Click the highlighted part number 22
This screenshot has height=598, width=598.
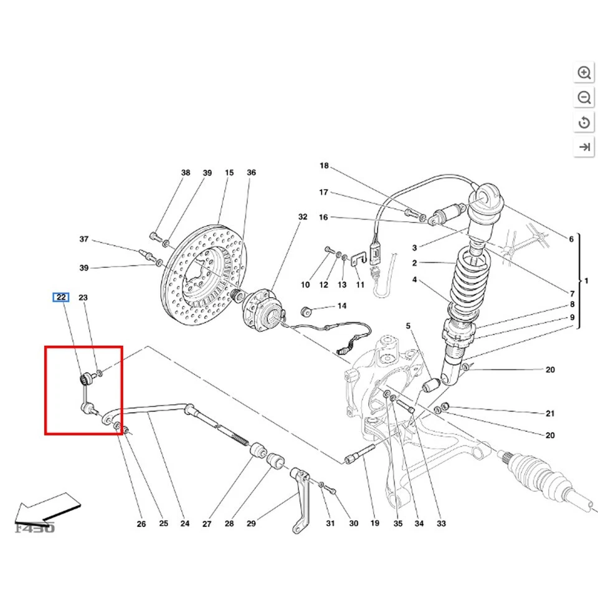point(61,297)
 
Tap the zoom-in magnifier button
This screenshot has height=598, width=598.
point(584,73)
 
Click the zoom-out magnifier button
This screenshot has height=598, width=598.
point(584,98)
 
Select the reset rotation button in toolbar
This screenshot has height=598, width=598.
point(584,123)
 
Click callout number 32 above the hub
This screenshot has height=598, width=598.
point(303,217)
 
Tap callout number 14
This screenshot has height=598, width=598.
point(341,306)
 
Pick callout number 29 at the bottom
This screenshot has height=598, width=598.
point(251,524)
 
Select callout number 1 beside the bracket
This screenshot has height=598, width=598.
point(586,281)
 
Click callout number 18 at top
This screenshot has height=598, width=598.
point(323,166)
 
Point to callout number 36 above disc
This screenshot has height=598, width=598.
point(251,173)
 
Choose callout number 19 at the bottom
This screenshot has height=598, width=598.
point(374,524)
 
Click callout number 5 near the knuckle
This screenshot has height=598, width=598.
point(409,326)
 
